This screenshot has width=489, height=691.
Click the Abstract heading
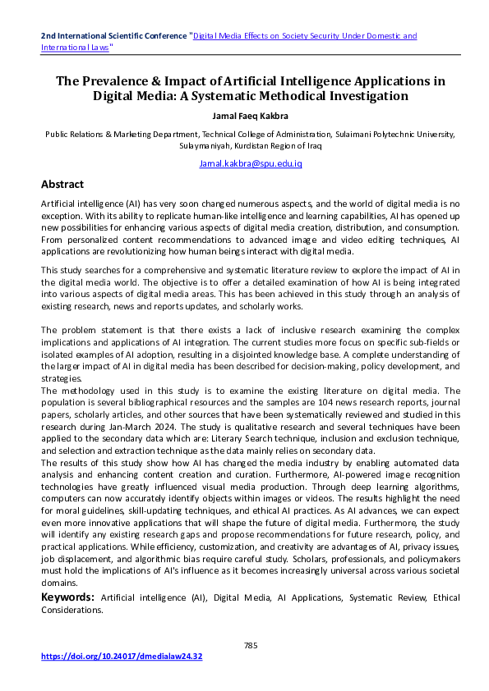pos(62,184)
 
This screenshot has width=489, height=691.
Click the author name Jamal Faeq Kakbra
pos(244,114)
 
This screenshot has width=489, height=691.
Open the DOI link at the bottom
pos(122,657)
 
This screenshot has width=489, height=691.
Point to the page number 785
pos(251,645)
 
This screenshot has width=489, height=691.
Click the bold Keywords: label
pos(68,599)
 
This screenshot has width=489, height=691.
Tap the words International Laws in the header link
pos(76,48)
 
